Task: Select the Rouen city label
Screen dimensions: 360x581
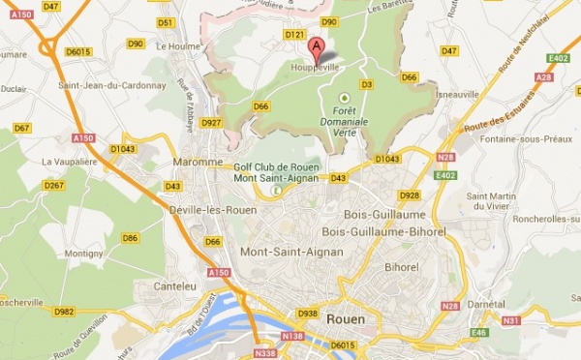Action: (346, 316)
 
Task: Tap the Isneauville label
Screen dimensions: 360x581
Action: (457, 95)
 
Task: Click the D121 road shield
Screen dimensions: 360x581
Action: (296, 35)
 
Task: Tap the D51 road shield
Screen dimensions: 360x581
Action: (165, 22)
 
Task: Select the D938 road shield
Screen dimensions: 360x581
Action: (308, 314)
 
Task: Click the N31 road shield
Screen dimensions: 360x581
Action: (511, 320)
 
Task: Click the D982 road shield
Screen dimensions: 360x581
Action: (65, 312)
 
